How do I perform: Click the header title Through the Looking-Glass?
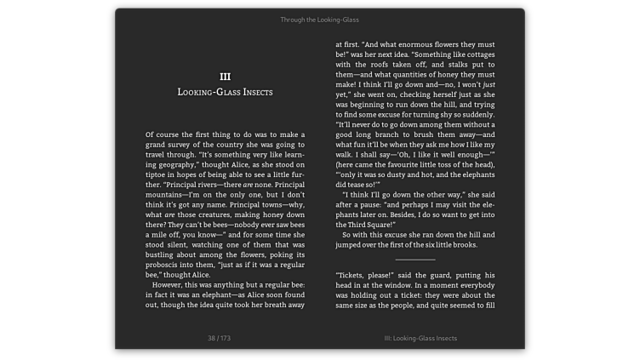tap(319, 19)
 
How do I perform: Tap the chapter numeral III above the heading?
tap(225, 76)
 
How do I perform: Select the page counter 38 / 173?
tap(219, 338)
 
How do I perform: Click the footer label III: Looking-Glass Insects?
tap(420, 338)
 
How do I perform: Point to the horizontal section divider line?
tap(414, 259)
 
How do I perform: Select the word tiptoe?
tap(159, 174)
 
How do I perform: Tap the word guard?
tap(430, 275)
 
